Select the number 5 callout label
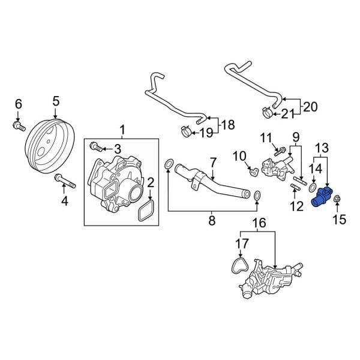point(56,101)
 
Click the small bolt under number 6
point(17,125)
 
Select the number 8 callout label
point(211,221)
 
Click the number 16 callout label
point(258,224)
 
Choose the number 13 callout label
point(322,148)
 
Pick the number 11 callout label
point(266,139)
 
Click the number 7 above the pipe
point(212,162)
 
